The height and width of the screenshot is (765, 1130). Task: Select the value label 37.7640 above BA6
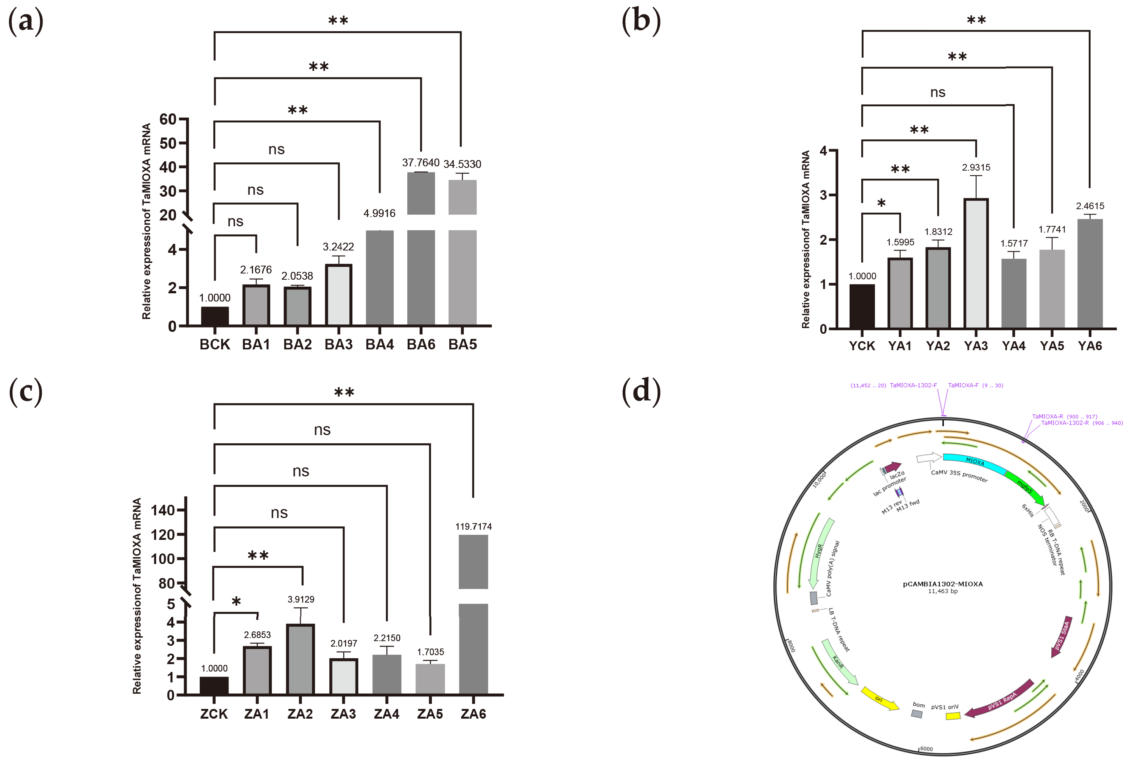click(x=421, y=162)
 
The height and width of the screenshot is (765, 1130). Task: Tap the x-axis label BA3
click(x=338, y=344)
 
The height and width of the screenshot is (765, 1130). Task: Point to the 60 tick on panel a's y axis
click(x=168, y=119)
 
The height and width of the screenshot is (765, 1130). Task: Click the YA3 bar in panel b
click(x=975, y=263)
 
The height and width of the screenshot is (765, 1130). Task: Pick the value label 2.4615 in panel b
click(x=1090, y=206)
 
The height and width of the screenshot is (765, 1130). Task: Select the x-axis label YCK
click(x=862, y=346)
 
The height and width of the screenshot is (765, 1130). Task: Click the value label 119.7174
click(x=473, y=526)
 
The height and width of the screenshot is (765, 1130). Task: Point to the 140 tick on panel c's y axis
click(x=162, y=510)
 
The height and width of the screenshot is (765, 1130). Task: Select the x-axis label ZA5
click(x=430, y=714)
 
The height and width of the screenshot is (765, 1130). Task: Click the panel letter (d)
click(x=641, y=391)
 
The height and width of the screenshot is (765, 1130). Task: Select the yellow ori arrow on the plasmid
click(x=880, y=699)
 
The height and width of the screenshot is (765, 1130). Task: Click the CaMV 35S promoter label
click(x=959, y=476)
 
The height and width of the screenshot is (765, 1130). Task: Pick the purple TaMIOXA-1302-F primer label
click(x=913, y=385)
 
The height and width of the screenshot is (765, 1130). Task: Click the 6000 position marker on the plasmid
click(x=926, y=749)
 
